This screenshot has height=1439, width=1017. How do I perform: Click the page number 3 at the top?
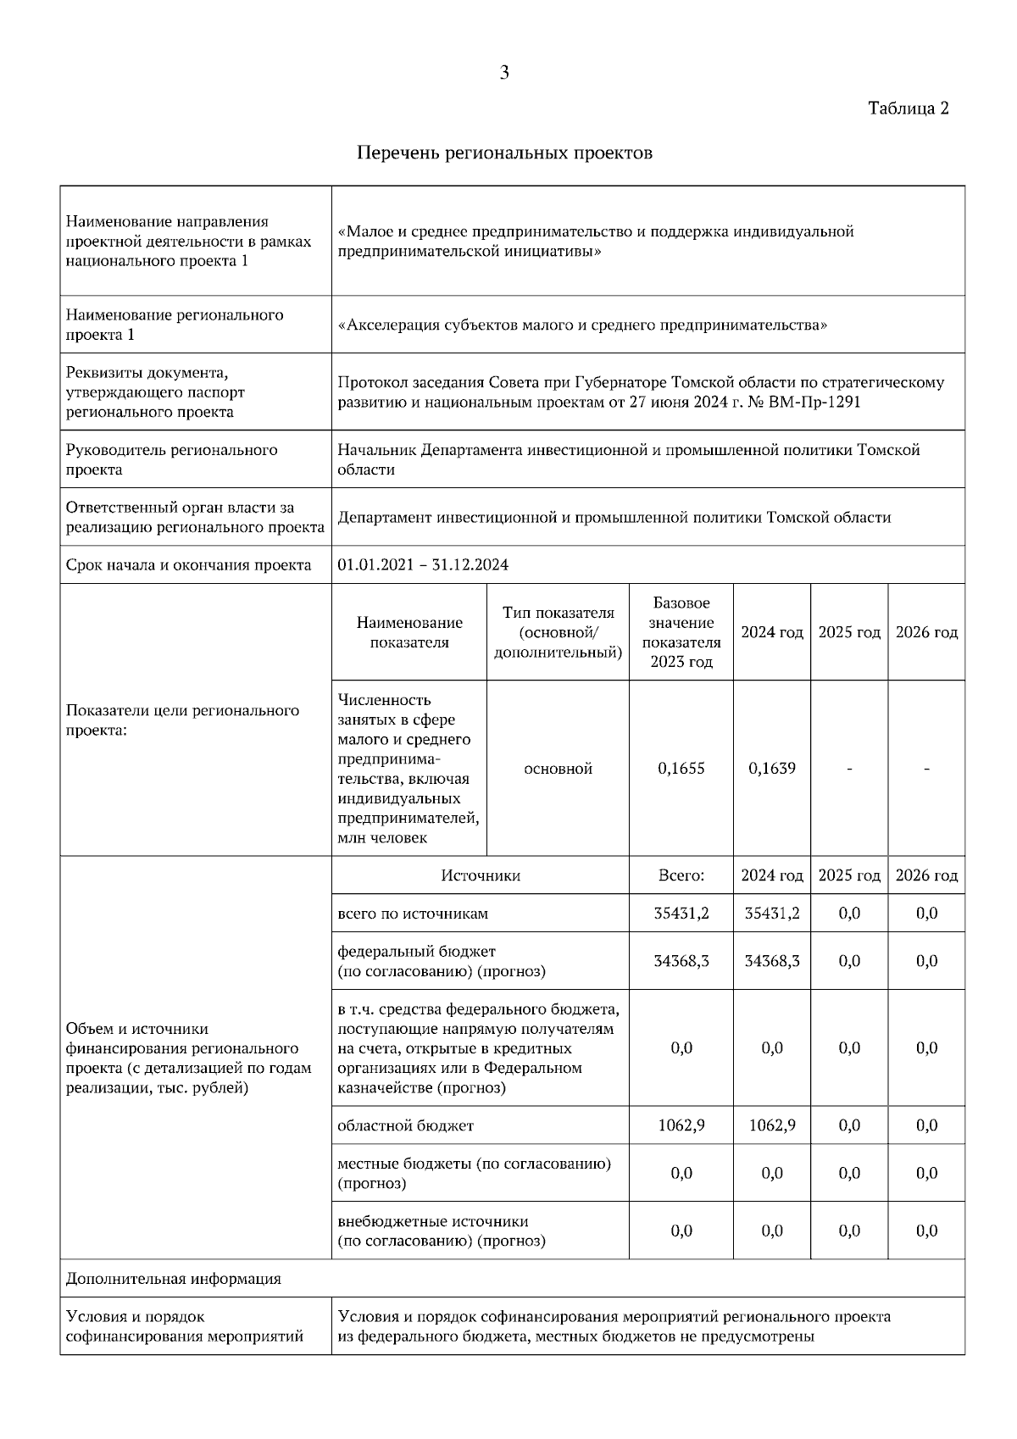(504, 73)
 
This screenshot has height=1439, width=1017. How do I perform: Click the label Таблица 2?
(908, 108)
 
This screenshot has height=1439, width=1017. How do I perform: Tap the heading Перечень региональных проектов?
(504, 153)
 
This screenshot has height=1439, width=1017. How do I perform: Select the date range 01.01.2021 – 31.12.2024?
(423, 565)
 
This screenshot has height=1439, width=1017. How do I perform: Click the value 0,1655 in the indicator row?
(681, 769)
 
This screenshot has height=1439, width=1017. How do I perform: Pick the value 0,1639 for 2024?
(772, 769)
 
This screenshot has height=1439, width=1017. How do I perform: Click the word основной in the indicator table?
(558, 769)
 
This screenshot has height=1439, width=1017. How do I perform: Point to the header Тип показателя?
(558, 613)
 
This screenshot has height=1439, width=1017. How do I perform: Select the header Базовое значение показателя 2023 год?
(681, 632)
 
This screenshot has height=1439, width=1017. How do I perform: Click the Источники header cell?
(480, 875)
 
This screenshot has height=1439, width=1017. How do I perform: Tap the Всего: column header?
(681, 875)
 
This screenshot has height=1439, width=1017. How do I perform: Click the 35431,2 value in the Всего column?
(681, 914)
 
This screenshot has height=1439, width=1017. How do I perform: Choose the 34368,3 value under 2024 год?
(772, 961)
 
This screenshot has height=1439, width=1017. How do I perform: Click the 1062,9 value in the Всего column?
(681, 1125)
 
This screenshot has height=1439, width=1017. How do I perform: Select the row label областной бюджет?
(405, 1125)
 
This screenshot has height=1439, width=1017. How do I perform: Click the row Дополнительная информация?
(173, 1279)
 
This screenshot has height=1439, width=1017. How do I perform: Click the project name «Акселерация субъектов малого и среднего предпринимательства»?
(582, 325)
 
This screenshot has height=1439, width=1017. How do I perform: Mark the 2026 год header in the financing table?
(926, 875)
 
